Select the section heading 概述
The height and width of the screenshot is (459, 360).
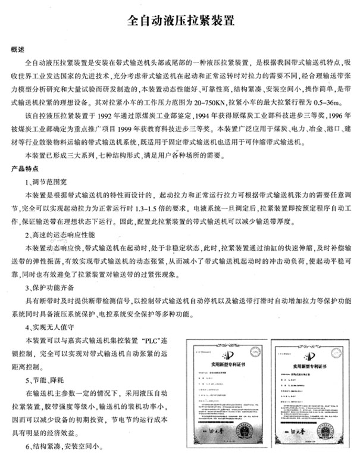[x=18, y=49]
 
